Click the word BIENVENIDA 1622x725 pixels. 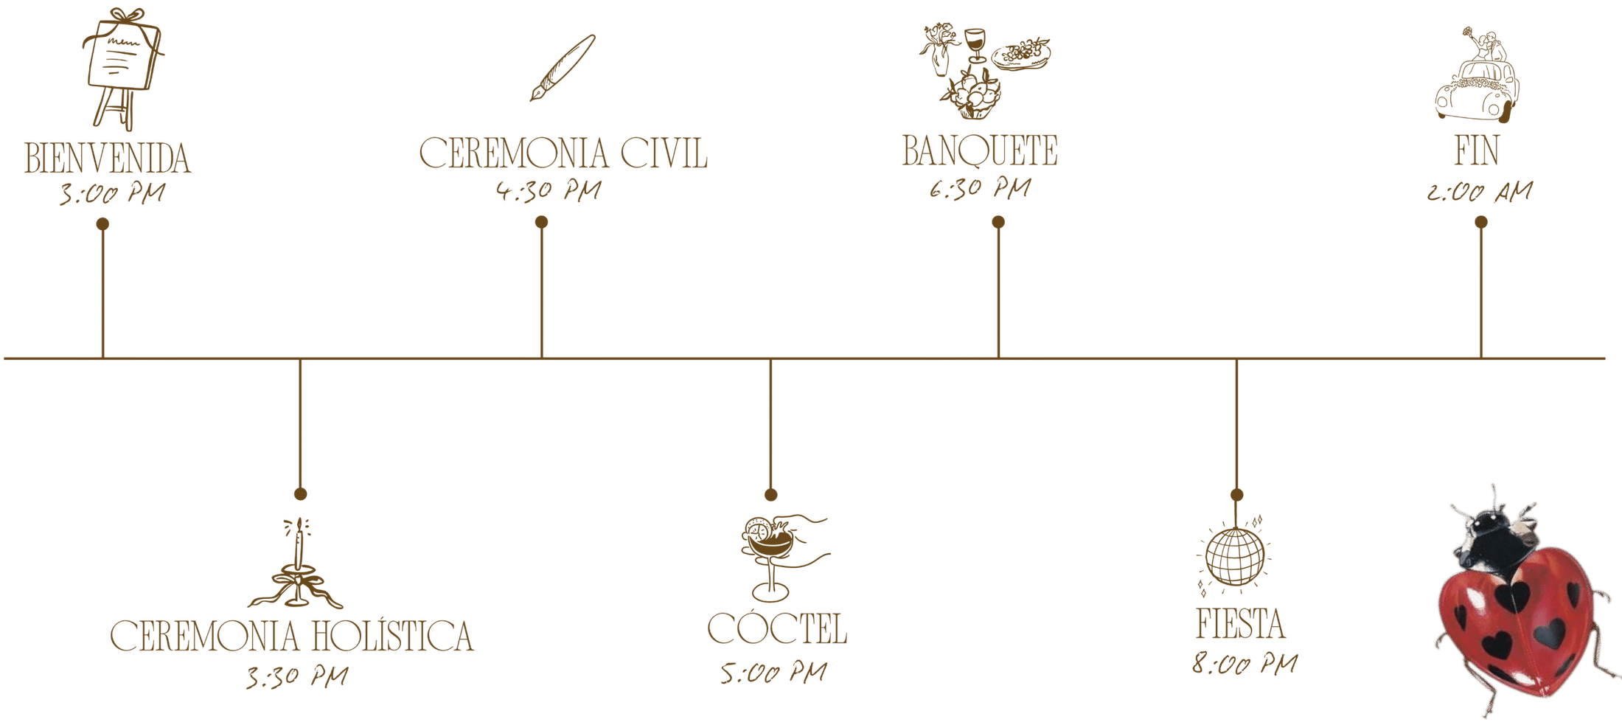pyautogui.click(x=108, y=159)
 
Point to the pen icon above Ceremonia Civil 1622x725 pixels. pyautogui.click(x=562, y=68)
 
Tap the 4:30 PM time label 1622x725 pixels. pyautogui.click(x=548, y=190)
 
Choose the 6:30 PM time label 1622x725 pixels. pyautogui.click(x=978, y=189)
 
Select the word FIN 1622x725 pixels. pyautogui.click(x=1477, y=150)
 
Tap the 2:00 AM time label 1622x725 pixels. pyautogui.click(x=1479, y=192)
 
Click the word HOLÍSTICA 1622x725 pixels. pyautogui.click(x=391, y=636)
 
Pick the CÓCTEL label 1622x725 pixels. pyautogui.click(x=776, y=628)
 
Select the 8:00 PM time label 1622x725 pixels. pyautogui.click(x=1245, y=663)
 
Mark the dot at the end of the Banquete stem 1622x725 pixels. pyautogui.click(x=998, y=221)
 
